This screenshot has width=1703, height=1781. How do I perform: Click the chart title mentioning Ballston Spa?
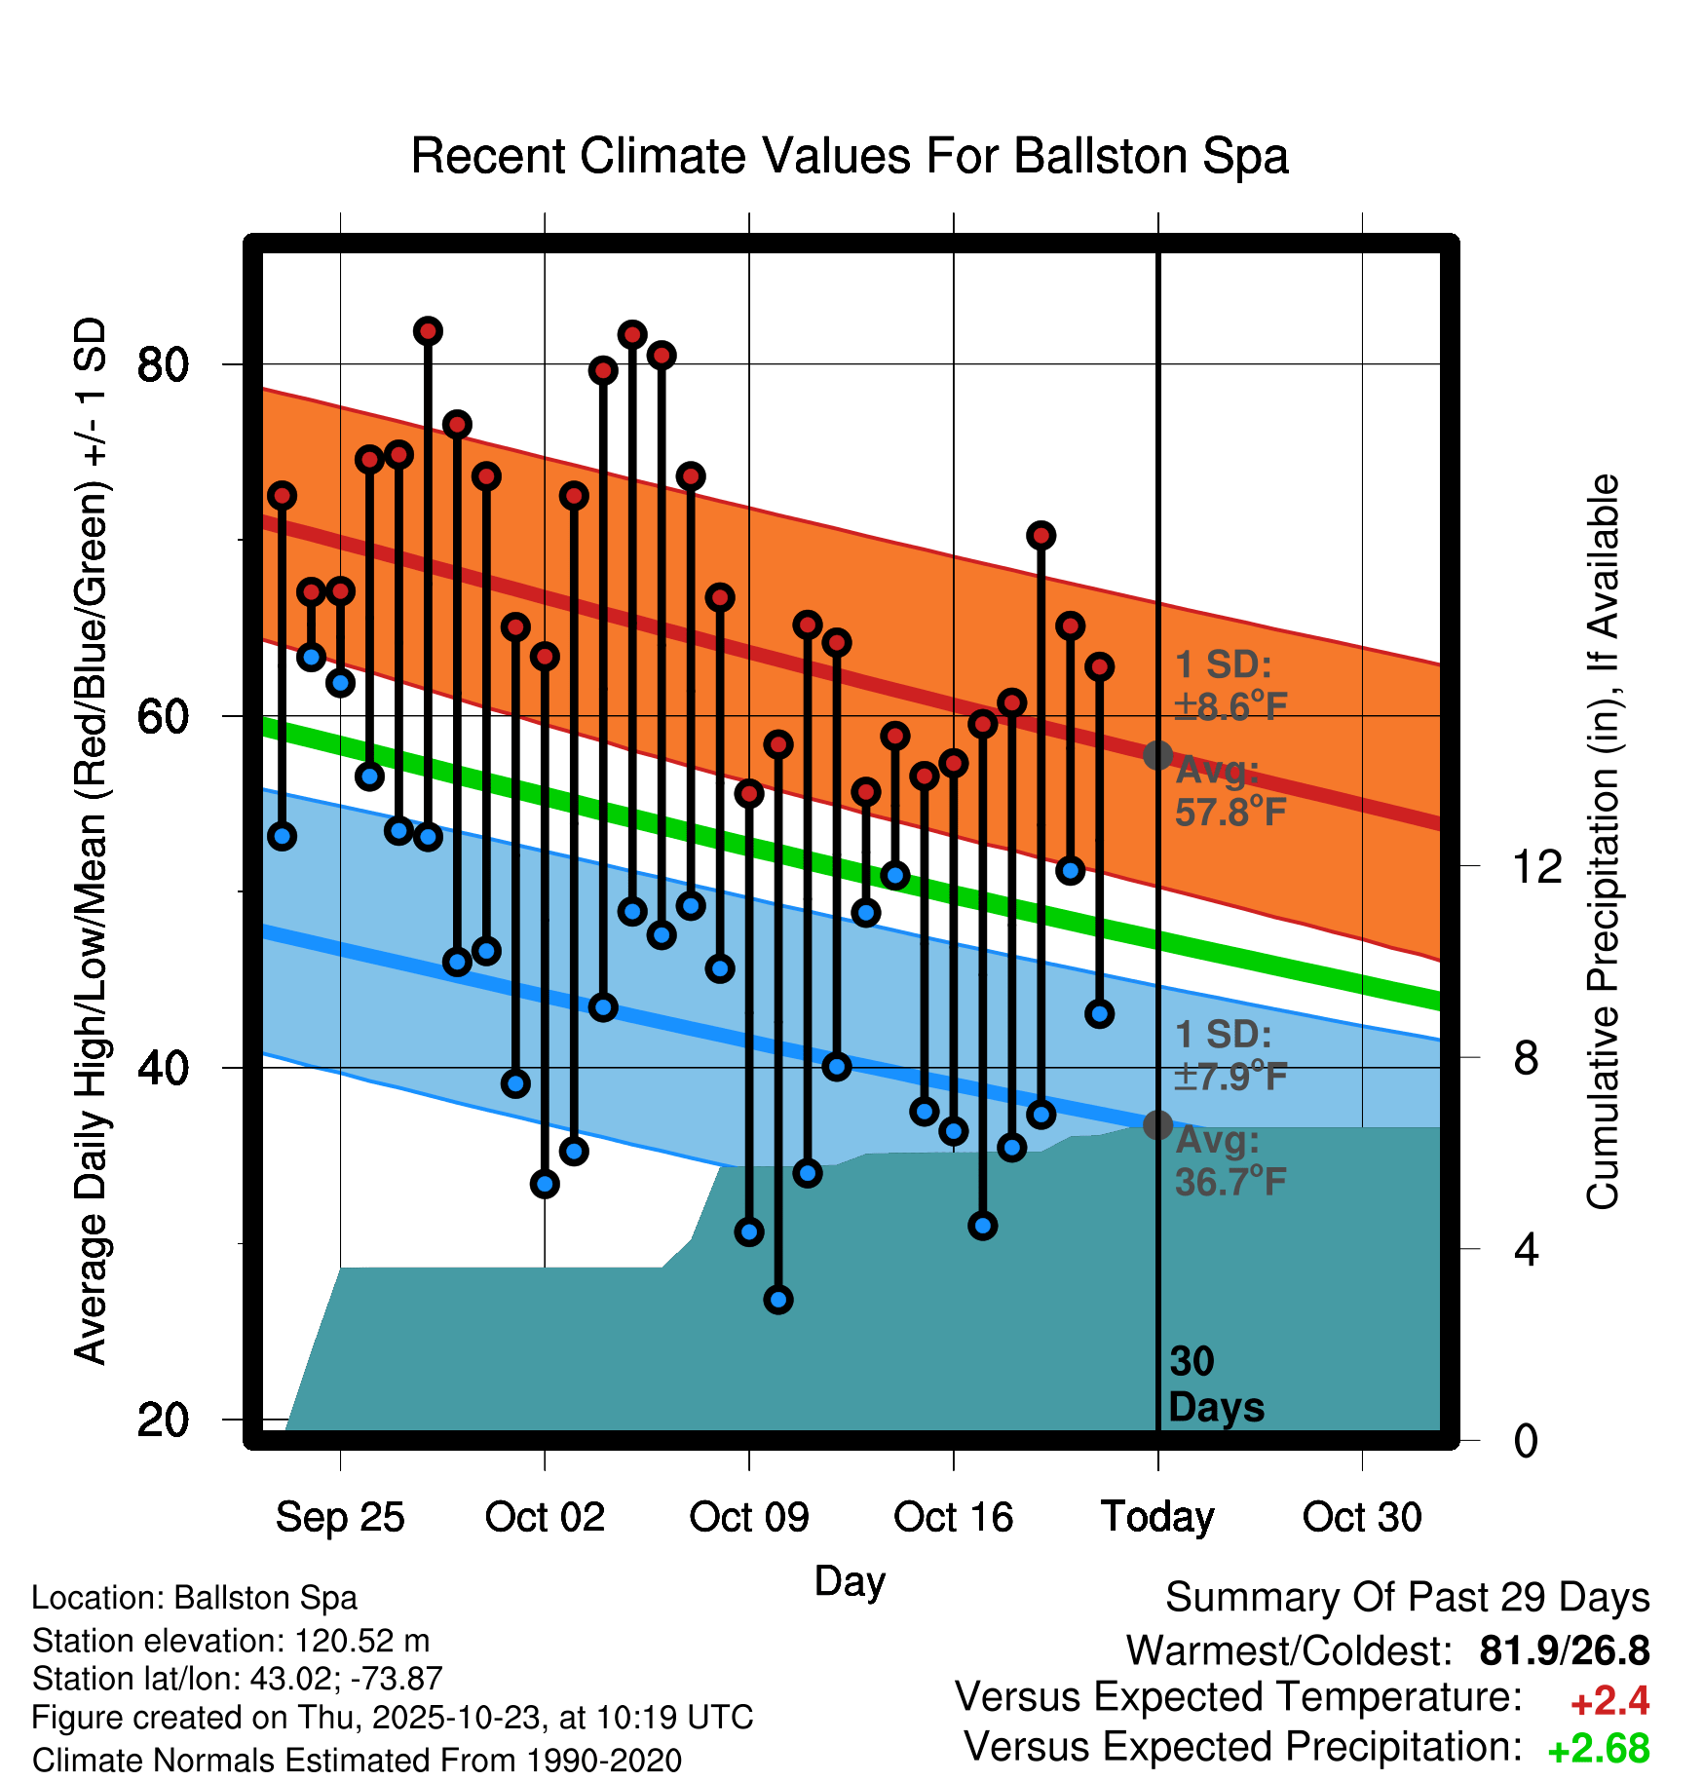click(x=850, y=156)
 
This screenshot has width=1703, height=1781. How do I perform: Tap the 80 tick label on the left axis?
click(x=163, y=365)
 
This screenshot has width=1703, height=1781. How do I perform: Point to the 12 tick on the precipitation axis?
click(x=1537, y=866)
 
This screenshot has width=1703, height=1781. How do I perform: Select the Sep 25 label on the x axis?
click(x=340, y=1517)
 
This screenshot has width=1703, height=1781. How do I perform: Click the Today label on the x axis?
click(x=1157, y=1517)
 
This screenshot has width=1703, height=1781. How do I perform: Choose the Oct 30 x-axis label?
click(x=1362, y=1517)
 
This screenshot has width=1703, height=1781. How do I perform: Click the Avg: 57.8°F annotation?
click(x=1230, y=791)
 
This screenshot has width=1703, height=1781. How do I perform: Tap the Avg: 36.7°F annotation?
click(x=1230, y=1161)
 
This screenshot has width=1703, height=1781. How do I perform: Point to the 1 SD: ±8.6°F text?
click(x=1230, y=686)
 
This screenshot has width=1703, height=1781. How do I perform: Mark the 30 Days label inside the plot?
click(x=1215, y=1384)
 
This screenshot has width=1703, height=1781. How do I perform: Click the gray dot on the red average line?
click(x=1157, y=755)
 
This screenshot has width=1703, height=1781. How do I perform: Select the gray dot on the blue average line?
click(x=1157, y=1125)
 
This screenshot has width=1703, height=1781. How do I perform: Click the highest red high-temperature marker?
click(x=428, y=331)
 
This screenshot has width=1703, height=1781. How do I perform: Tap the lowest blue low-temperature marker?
click(x=778, y=1299)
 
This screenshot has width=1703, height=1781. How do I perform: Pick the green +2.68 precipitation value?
click(x=1598, y=1749)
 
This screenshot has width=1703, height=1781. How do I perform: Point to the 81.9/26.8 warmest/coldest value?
click(x=1564, y=1650)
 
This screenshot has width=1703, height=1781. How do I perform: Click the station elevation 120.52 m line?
click(x=231, y=1641)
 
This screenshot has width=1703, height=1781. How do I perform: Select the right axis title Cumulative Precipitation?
click(x=1603, y=843)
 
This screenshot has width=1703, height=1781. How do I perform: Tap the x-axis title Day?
click(x=850, y=1580)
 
